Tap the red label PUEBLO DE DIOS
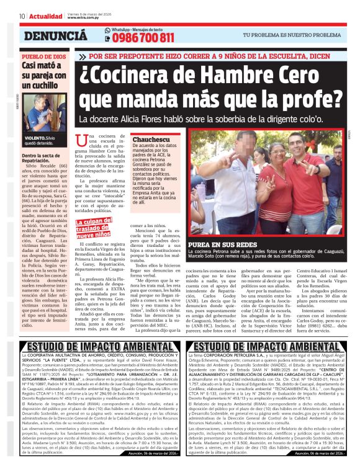click(43, 56)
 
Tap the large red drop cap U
click(78, 144)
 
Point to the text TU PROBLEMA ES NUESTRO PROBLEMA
click(300, 36)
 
